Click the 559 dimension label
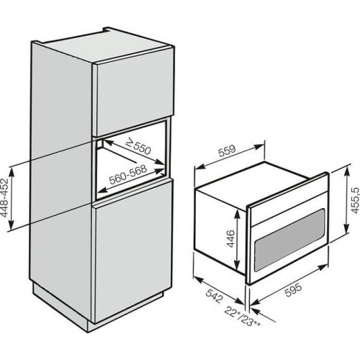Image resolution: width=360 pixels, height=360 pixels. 228,150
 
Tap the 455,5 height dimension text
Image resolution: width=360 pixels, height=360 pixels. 355,200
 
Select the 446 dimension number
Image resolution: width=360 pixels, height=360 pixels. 230,238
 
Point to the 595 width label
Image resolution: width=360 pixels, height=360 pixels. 293,289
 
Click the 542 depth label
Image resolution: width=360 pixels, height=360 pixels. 215,296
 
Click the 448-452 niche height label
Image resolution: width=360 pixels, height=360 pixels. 4,197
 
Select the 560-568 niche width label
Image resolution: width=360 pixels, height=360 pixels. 127,174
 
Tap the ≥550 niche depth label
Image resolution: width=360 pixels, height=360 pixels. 138,147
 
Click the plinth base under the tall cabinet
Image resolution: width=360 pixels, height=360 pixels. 60,304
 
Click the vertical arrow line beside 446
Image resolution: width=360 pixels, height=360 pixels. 237,240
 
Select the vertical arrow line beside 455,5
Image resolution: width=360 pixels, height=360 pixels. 346,200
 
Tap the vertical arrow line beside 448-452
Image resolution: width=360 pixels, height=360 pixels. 12,199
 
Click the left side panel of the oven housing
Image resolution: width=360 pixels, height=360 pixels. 220,230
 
